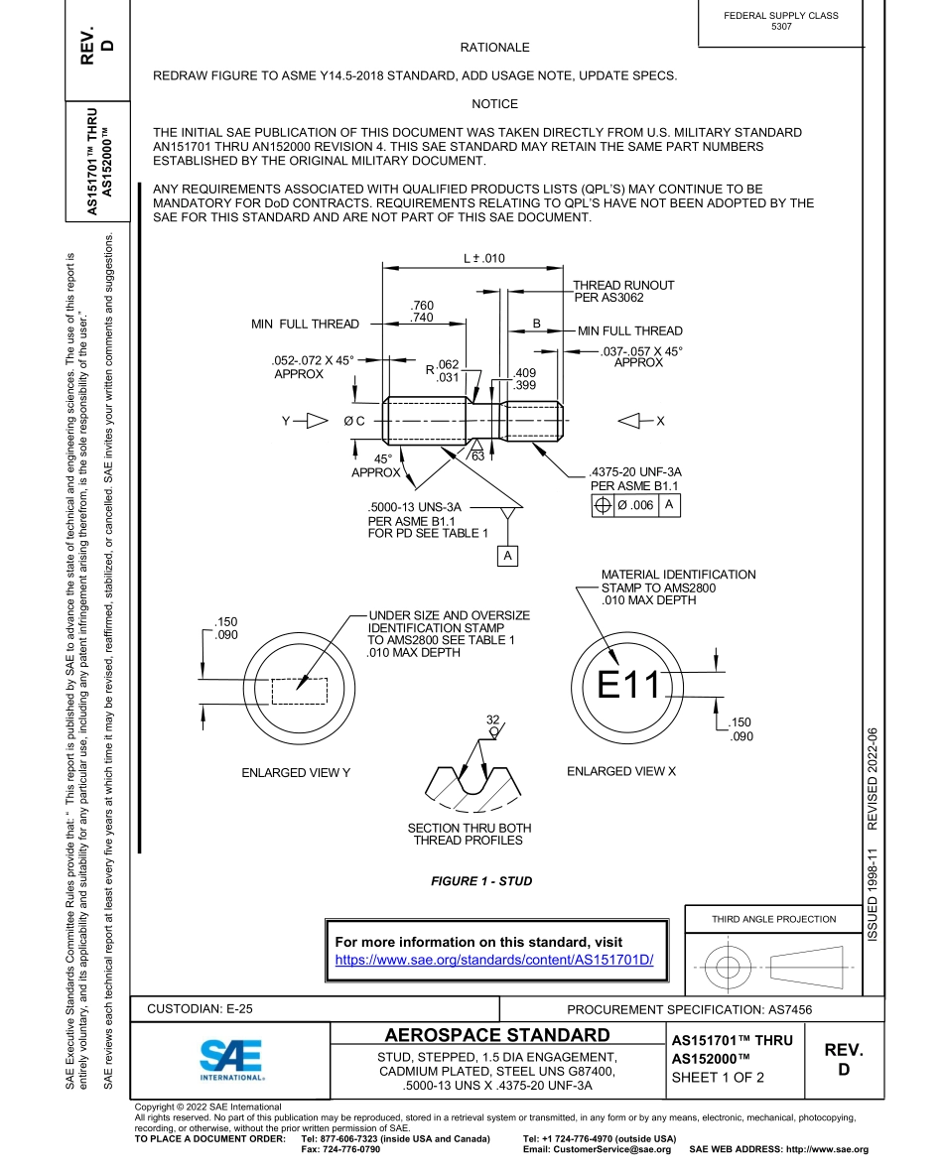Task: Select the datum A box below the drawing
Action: (x=507, y=556)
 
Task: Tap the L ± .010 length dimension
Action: (x=484, y=258)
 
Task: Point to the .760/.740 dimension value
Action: (x=422, y=311)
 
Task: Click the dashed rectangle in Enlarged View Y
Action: (x=299, y=691)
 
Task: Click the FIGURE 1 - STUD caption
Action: (x=481, y=880)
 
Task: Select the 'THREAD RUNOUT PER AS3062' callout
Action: (x=622, y=291)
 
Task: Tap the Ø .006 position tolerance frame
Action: (x=635, y=505)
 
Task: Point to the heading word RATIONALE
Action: (x=494, y=48)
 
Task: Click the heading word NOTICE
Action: (x=494, y=104)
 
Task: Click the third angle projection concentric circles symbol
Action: (x=729, y=966)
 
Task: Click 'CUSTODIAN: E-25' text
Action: (x=200, y=1008)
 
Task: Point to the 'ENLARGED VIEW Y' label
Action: (x=296, y=772)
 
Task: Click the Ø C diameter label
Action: (x=354, y=421)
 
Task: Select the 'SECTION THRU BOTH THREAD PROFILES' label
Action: (x=469, y=834)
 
